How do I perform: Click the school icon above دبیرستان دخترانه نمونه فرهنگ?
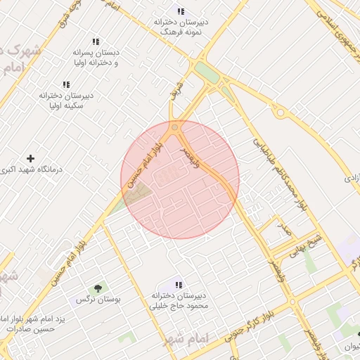pos(181,11)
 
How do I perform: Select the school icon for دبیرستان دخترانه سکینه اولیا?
pos(66,84)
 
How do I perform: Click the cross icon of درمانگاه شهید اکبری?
pos(30,159)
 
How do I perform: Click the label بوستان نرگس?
pos(98,299)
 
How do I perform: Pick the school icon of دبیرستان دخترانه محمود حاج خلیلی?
pos(178,285)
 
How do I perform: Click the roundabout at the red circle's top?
pos(174,127)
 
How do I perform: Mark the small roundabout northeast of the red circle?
pos(280,112)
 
